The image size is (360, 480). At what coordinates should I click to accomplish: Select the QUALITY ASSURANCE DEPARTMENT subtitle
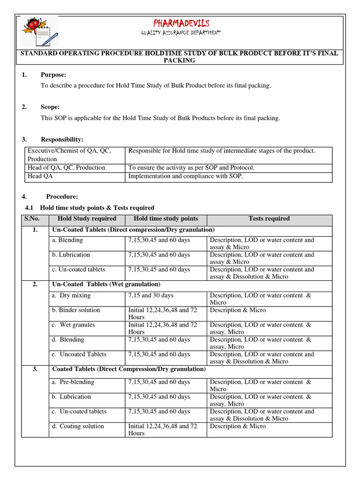click(x=181, y=33)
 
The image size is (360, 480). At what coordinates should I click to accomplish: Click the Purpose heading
click(x=53, y=75)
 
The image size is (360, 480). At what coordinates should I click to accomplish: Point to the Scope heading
click(x=50, y=107)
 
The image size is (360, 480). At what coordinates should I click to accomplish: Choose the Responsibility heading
click(x=62, y=140)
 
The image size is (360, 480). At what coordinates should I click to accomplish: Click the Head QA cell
click(x=41, y=176)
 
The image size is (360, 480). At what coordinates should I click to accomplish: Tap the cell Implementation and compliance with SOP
click(x=186, y=176)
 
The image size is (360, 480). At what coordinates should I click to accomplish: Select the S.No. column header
click(x=32, y=219)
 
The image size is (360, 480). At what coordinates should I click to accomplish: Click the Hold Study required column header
click(x=87, y=219)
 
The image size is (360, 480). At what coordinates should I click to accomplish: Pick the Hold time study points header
click(x=166, y=219)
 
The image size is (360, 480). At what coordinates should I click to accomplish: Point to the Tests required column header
click(x=269, y=219)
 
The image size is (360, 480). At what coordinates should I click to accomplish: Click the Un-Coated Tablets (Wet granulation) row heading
click(x=106, y=285)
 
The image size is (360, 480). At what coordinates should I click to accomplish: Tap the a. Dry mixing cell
click(x=72, y=296)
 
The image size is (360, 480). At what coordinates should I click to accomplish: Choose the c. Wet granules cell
click(x=74, y=325)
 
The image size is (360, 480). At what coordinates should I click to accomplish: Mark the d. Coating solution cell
click(x=78, y=427)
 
